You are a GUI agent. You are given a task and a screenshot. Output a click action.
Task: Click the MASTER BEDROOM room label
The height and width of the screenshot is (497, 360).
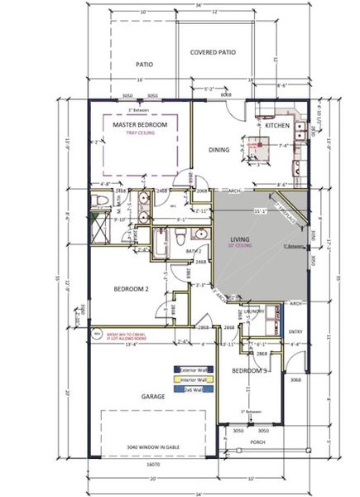pyautogui.click(x=140, y=124)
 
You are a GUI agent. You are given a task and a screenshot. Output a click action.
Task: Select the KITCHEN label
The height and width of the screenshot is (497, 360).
pyautogui.click(x=277, y=125)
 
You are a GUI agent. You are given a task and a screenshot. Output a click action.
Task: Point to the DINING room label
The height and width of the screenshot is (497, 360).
pyautogui.click(x=218, y=150)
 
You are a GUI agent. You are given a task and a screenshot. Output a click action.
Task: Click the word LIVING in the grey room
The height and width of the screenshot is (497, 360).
pyautogui.click(x=241, y=238)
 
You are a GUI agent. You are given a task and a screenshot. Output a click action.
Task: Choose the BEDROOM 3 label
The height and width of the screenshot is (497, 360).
pyautogui.click(x=248, y=372)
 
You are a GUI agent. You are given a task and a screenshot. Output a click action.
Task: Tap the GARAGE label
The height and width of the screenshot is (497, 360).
pyautogui.click(x=153, y=396)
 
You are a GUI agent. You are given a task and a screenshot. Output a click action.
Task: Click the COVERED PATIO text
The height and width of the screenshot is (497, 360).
pyautogui.click(x=213, y=52)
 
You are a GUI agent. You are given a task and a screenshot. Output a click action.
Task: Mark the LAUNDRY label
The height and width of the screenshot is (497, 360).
pyautogui.click(x=254, y=311)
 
